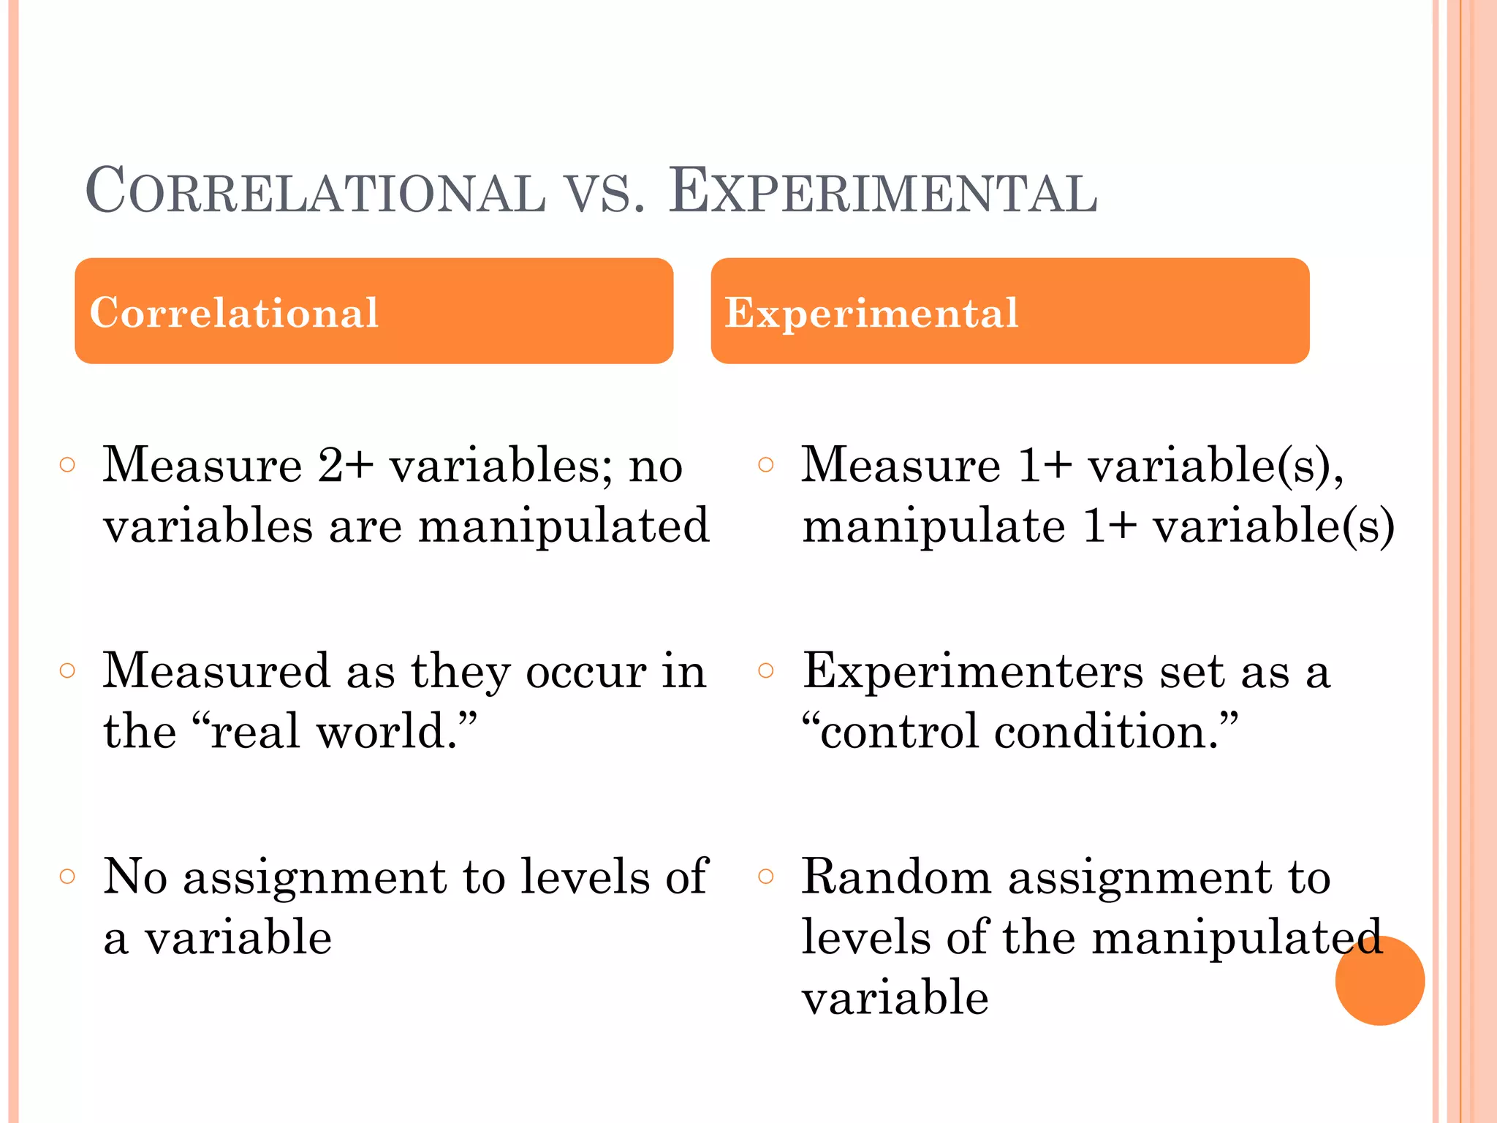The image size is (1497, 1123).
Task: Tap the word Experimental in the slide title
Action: pyautogui.click(x=883, y=192)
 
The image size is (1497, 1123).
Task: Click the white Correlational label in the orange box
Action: pyautogui.click(x=234, y=313)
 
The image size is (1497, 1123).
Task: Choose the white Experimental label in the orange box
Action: pyautogui.click(x=871, y=313)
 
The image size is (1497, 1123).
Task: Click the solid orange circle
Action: pyautogui.click(x=1379, y=980)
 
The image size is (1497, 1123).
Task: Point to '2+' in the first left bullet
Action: pyautogui.click(x=346, y=465)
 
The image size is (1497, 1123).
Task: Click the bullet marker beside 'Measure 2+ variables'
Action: pyautogui.click(x=67, y=465)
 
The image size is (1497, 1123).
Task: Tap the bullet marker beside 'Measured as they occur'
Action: pyautogui.click(x=67, y=670)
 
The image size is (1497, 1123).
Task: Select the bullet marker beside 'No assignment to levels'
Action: pyautogui.click(x=67, y=876)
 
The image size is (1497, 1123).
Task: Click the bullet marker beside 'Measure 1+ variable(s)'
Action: pyautogui.click(x=765, y=465)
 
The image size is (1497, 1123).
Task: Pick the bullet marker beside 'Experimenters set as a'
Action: pyautogui.click(x=765, y=670)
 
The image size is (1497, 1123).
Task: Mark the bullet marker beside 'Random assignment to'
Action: pyautogui.click(x=765, y=876)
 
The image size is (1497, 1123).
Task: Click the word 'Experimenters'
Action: pyautogui.click(x=973, y=671)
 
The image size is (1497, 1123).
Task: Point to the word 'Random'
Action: pyautogui.click(x=896, y=877)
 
